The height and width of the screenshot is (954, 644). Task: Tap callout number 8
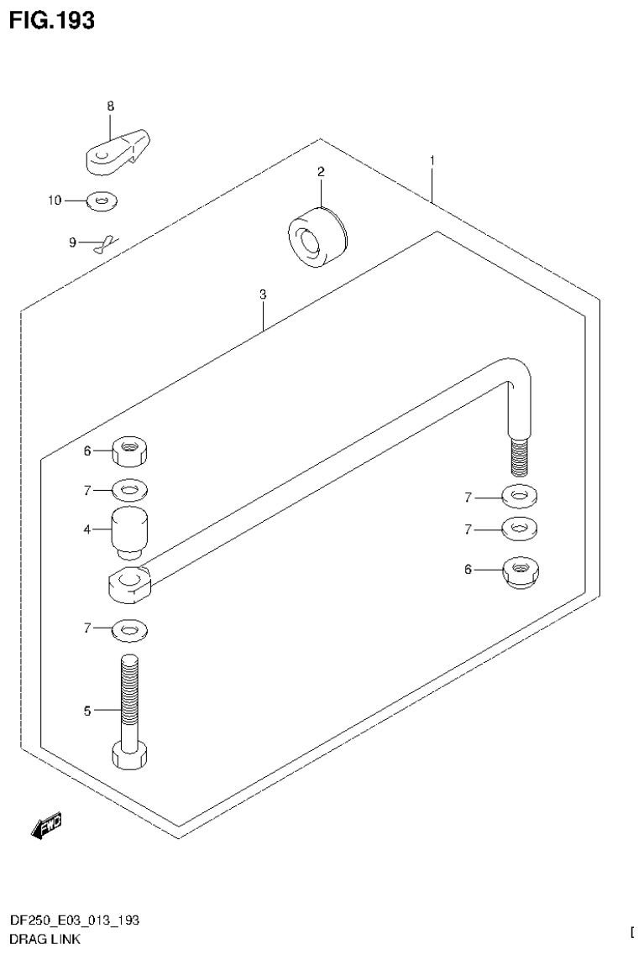(x=110, y=106)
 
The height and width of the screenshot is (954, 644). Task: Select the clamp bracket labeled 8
(x=117, y=152)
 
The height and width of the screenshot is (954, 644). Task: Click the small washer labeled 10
(x=102, y=201)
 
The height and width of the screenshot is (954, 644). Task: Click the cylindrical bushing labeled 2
(x=316, y=237)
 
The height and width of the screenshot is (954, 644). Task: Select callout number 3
(x=263, y=295)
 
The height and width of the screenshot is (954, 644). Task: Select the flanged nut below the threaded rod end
(x=521, y=571)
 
